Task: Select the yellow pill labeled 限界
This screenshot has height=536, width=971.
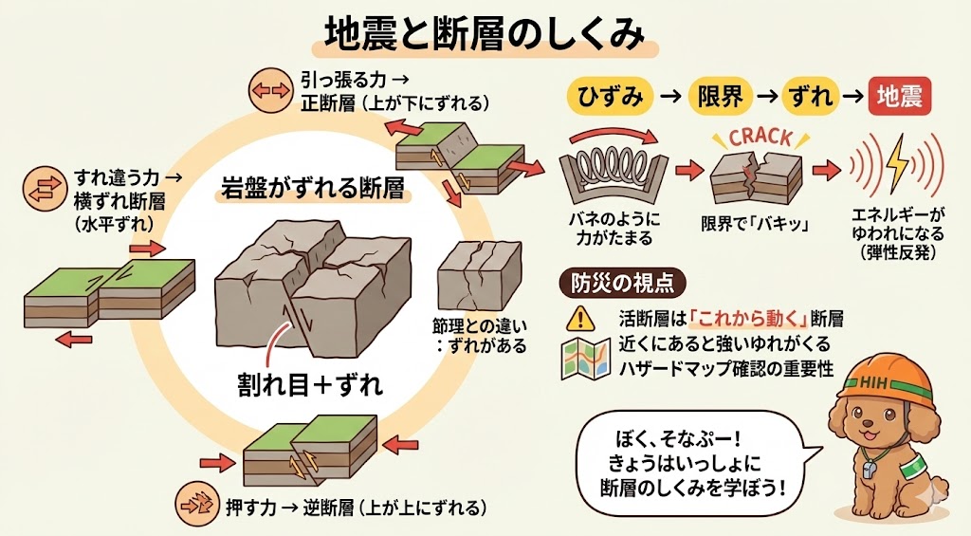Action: click(x=720, y=96)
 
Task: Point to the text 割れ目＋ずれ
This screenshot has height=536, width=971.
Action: click(x=309, y=384)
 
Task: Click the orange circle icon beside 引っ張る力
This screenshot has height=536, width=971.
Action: click(x=267, y=90)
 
